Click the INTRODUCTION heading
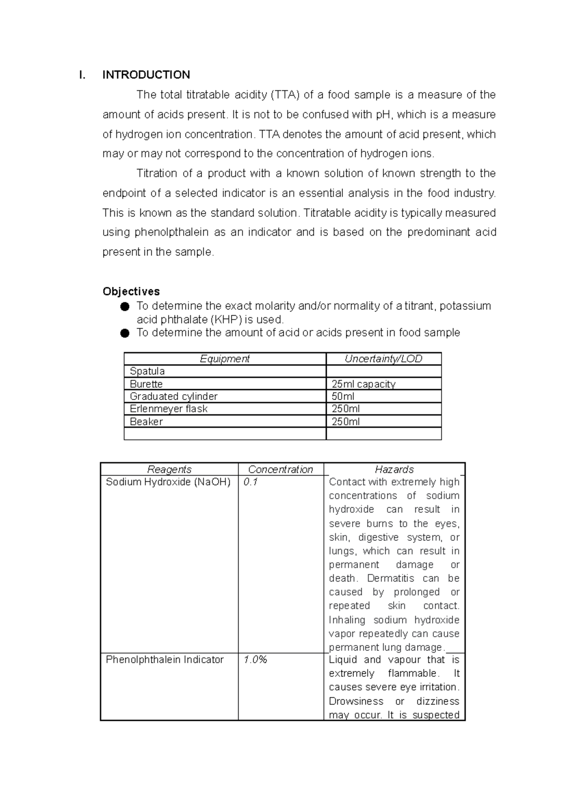coord(146,75)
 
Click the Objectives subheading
coord(131,291)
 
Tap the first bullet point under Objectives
coord(124,307)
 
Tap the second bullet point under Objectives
coord(124,333)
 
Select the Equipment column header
coord(225,359)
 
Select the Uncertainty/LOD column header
coord(383,359)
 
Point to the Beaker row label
coord(146,422)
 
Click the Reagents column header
coord(169,469)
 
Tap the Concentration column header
coord(280,469)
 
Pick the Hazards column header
coord(394,469)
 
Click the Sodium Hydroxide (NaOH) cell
coord(168,482)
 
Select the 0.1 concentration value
coord(250,482)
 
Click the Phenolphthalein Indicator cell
coord(164,660)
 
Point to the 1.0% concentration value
coord(255,660)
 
